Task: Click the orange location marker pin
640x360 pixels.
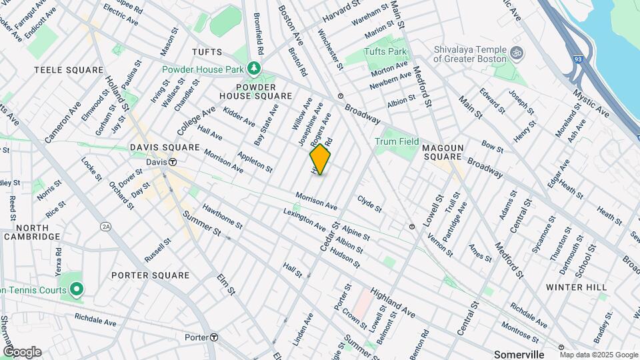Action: (x=320, y=159)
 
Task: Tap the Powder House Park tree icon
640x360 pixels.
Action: (x=253, y=67)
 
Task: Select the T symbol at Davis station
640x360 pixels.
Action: (x=173, y=162)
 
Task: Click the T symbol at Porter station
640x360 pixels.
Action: (x=214, y=337)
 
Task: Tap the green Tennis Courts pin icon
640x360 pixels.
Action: (x=76, y=289)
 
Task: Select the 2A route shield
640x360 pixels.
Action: (x=105, y=227)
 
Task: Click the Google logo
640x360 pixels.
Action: (x=22, y=352)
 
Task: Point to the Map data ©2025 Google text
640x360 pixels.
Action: (x=597, y=355)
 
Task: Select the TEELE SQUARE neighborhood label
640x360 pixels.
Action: (x=69, y=70)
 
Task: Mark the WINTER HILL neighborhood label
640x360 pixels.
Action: (x=576, y=287)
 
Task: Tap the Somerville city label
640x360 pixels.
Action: (x=520, y=353)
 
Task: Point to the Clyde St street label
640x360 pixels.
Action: (x=369, y=203)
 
